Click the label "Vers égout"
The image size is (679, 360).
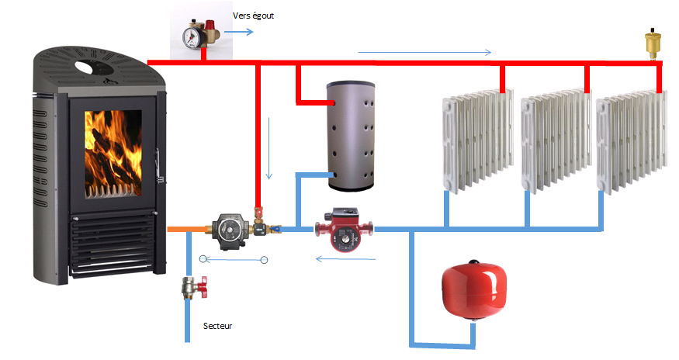(x=254, y=15)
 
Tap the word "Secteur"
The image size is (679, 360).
(x=217, y=326)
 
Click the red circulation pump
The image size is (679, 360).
(x=343, y=229)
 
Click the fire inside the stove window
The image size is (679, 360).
(x=113, y=152)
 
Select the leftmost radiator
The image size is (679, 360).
(x=476, y=142)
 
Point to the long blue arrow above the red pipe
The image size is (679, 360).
(x=424, y=52)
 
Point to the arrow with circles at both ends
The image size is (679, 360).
(x=234, y=259)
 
